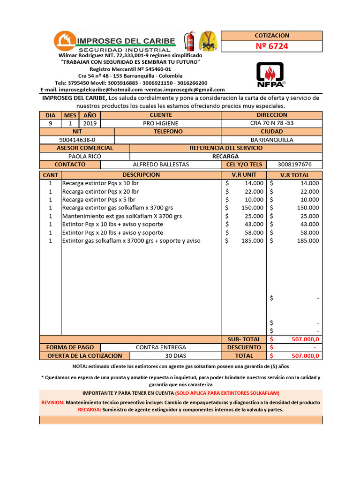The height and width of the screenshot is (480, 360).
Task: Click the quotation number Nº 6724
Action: click(271, 46)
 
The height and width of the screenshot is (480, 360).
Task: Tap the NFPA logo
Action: click(271, 75)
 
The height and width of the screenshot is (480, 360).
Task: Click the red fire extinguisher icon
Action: click(190, 41)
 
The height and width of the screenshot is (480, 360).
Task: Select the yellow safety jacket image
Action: click(208, 41)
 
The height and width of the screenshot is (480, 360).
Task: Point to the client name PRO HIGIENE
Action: click(160, 123)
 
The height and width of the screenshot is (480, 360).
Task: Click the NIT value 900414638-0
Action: click(77, 140)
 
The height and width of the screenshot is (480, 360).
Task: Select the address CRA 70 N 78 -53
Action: click(272, 123)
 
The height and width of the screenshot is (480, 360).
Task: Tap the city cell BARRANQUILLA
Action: click(272, 140)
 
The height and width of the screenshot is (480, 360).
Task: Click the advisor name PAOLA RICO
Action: click(84, 156)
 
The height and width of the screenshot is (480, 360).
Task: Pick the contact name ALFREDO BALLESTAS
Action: click(161, 165)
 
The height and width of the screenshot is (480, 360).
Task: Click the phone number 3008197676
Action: click(294, 165)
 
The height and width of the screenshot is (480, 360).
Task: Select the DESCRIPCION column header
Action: click(141, 175)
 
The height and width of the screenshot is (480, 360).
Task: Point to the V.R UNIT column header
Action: click(244, 175)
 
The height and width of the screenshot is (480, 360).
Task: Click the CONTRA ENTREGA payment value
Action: click(161, 347)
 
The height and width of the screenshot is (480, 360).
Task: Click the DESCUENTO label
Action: click(244, 347)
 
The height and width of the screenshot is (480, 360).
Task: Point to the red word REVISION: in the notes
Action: click(53, 402)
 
